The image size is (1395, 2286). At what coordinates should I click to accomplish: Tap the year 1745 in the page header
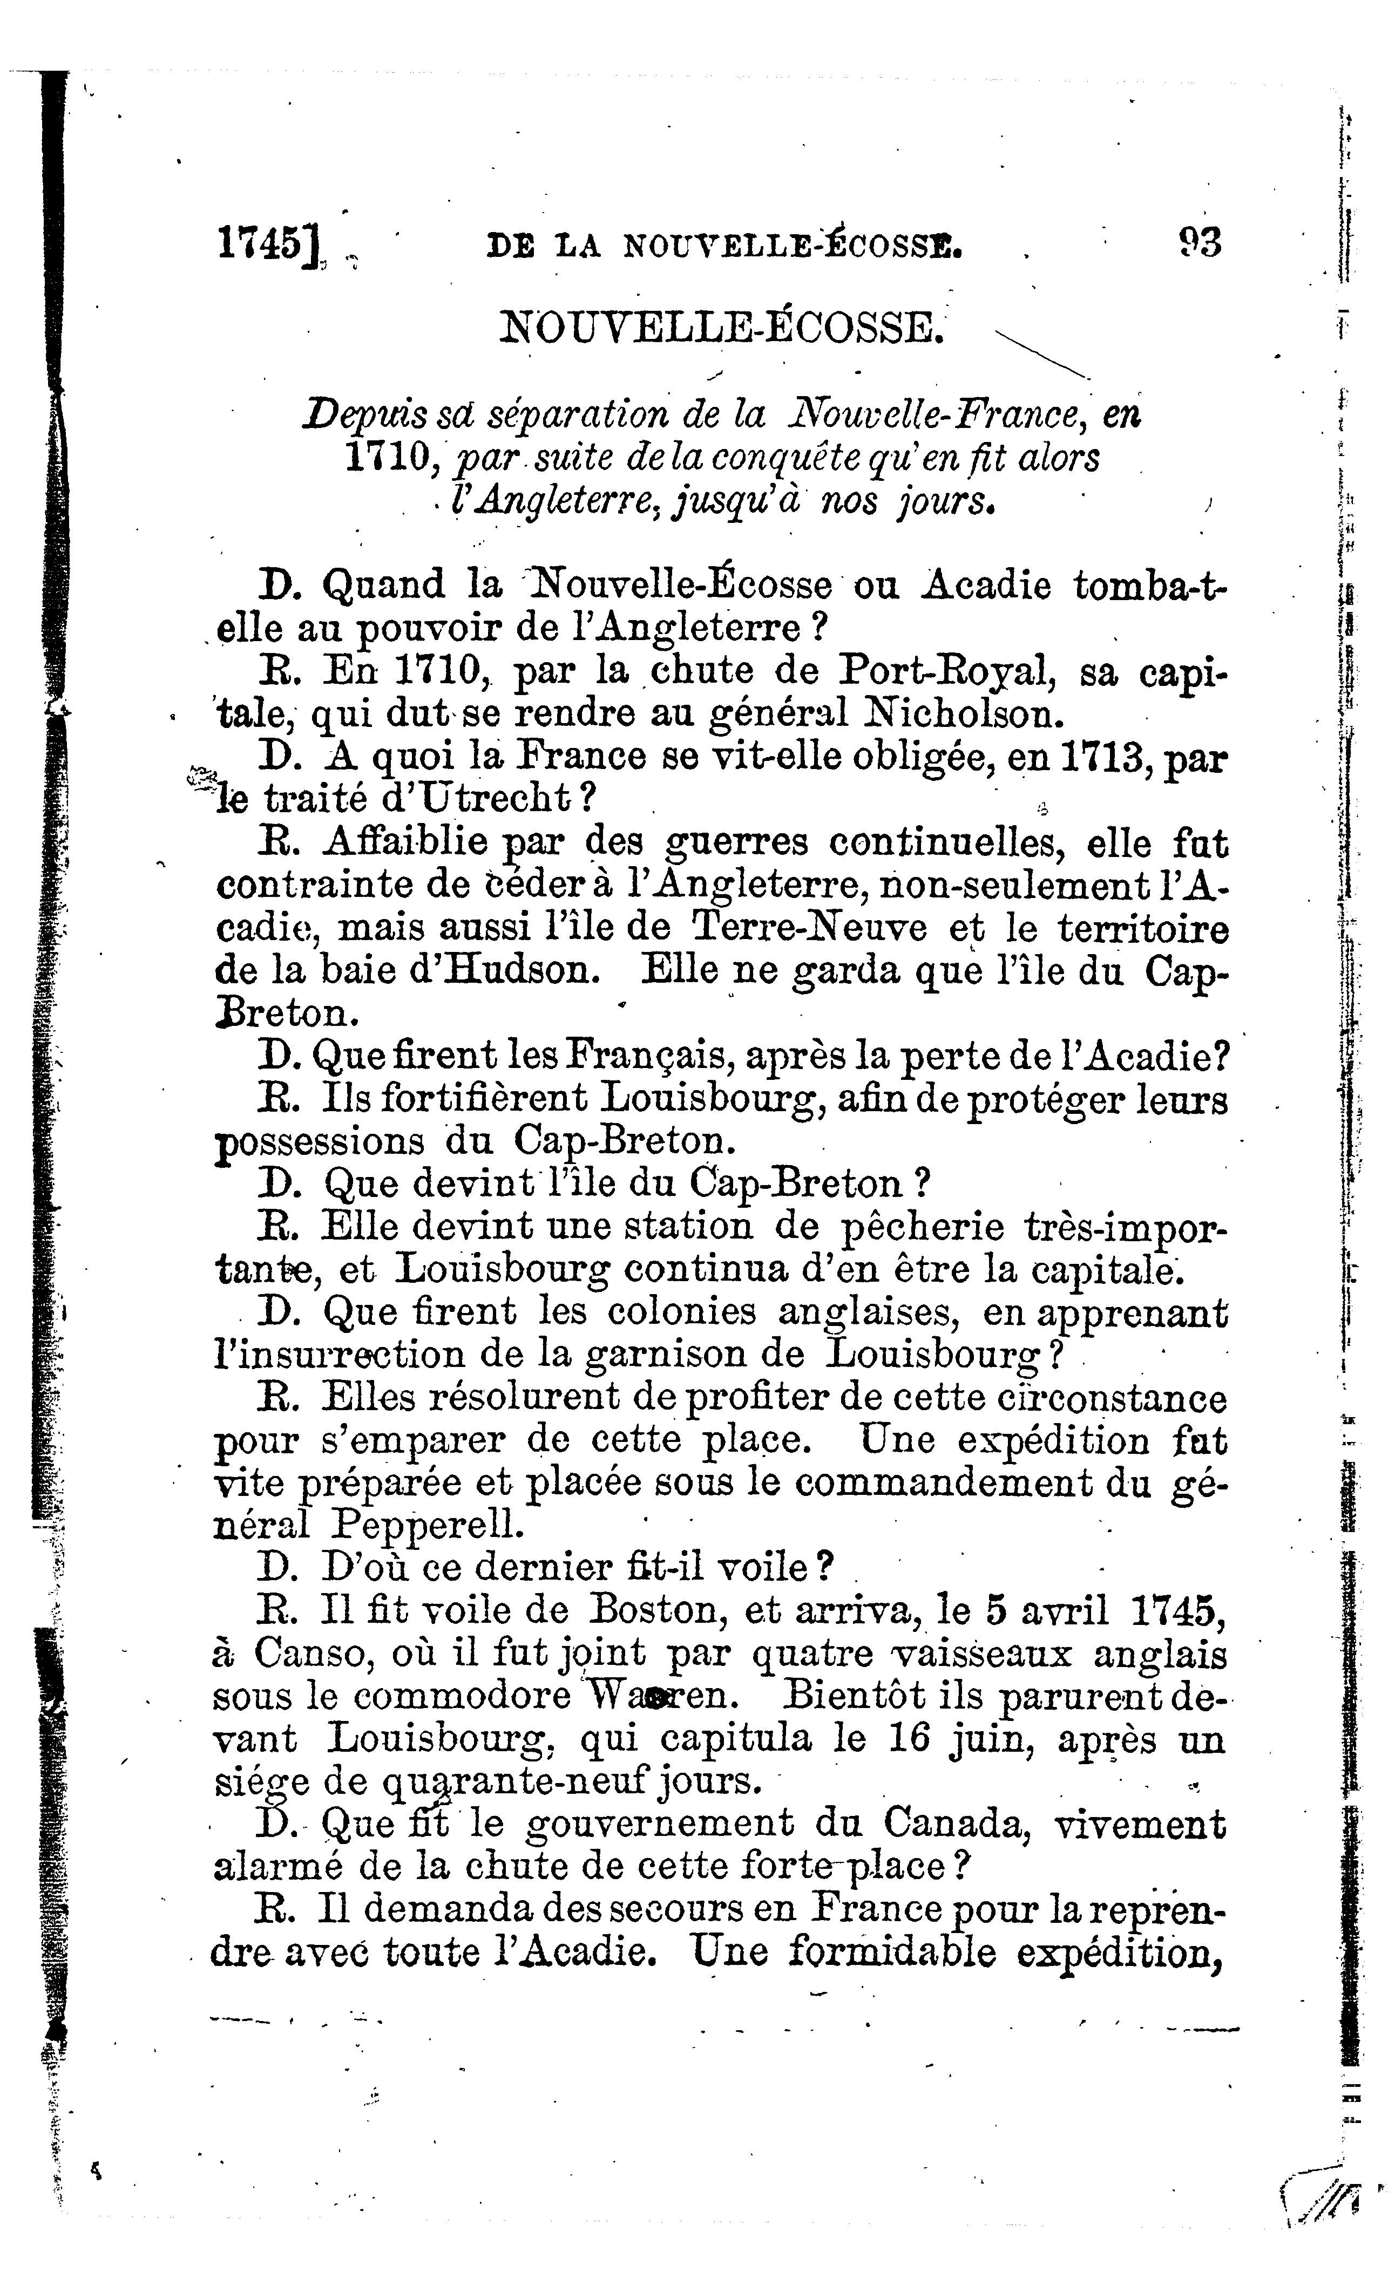click(263, 243)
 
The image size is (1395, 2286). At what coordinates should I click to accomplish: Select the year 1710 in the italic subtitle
click(385, 457)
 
